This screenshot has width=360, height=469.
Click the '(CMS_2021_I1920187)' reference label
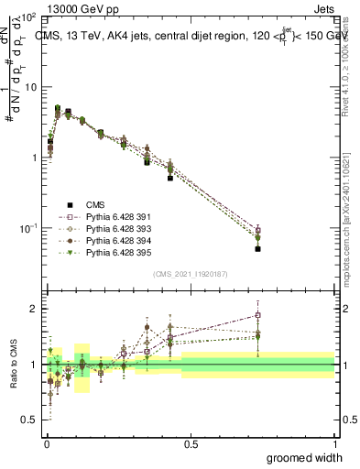coord(191,273)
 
